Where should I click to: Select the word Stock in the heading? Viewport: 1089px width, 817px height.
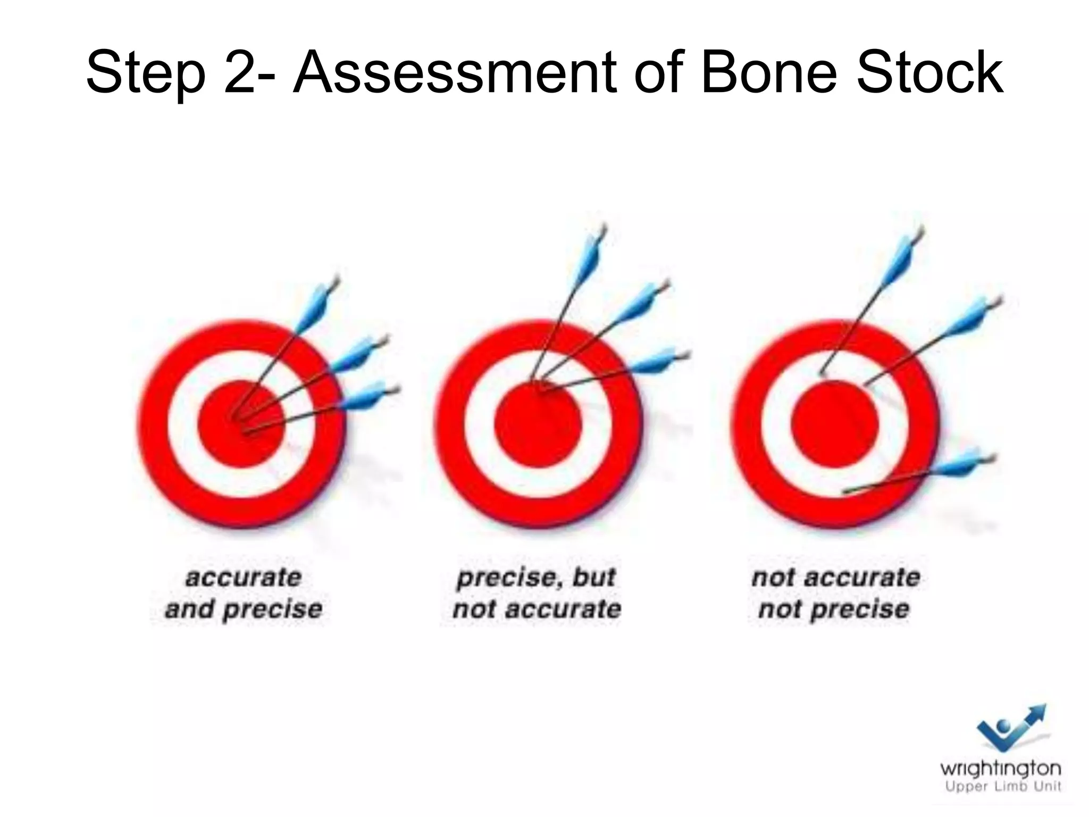click(x=930, y=72)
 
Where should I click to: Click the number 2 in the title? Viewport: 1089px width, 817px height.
click(x=242, y=72)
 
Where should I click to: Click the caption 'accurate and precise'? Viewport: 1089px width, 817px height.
click(x=244, y=593)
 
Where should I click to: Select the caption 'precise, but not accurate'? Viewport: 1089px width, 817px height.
click(x=537, y=593)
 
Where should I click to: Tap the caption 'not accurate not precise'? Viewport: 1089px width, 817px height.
click(x=835, y=593)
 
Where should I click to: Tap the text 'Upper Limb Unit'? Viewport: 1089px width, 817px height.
click(x=1003, y=787)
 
